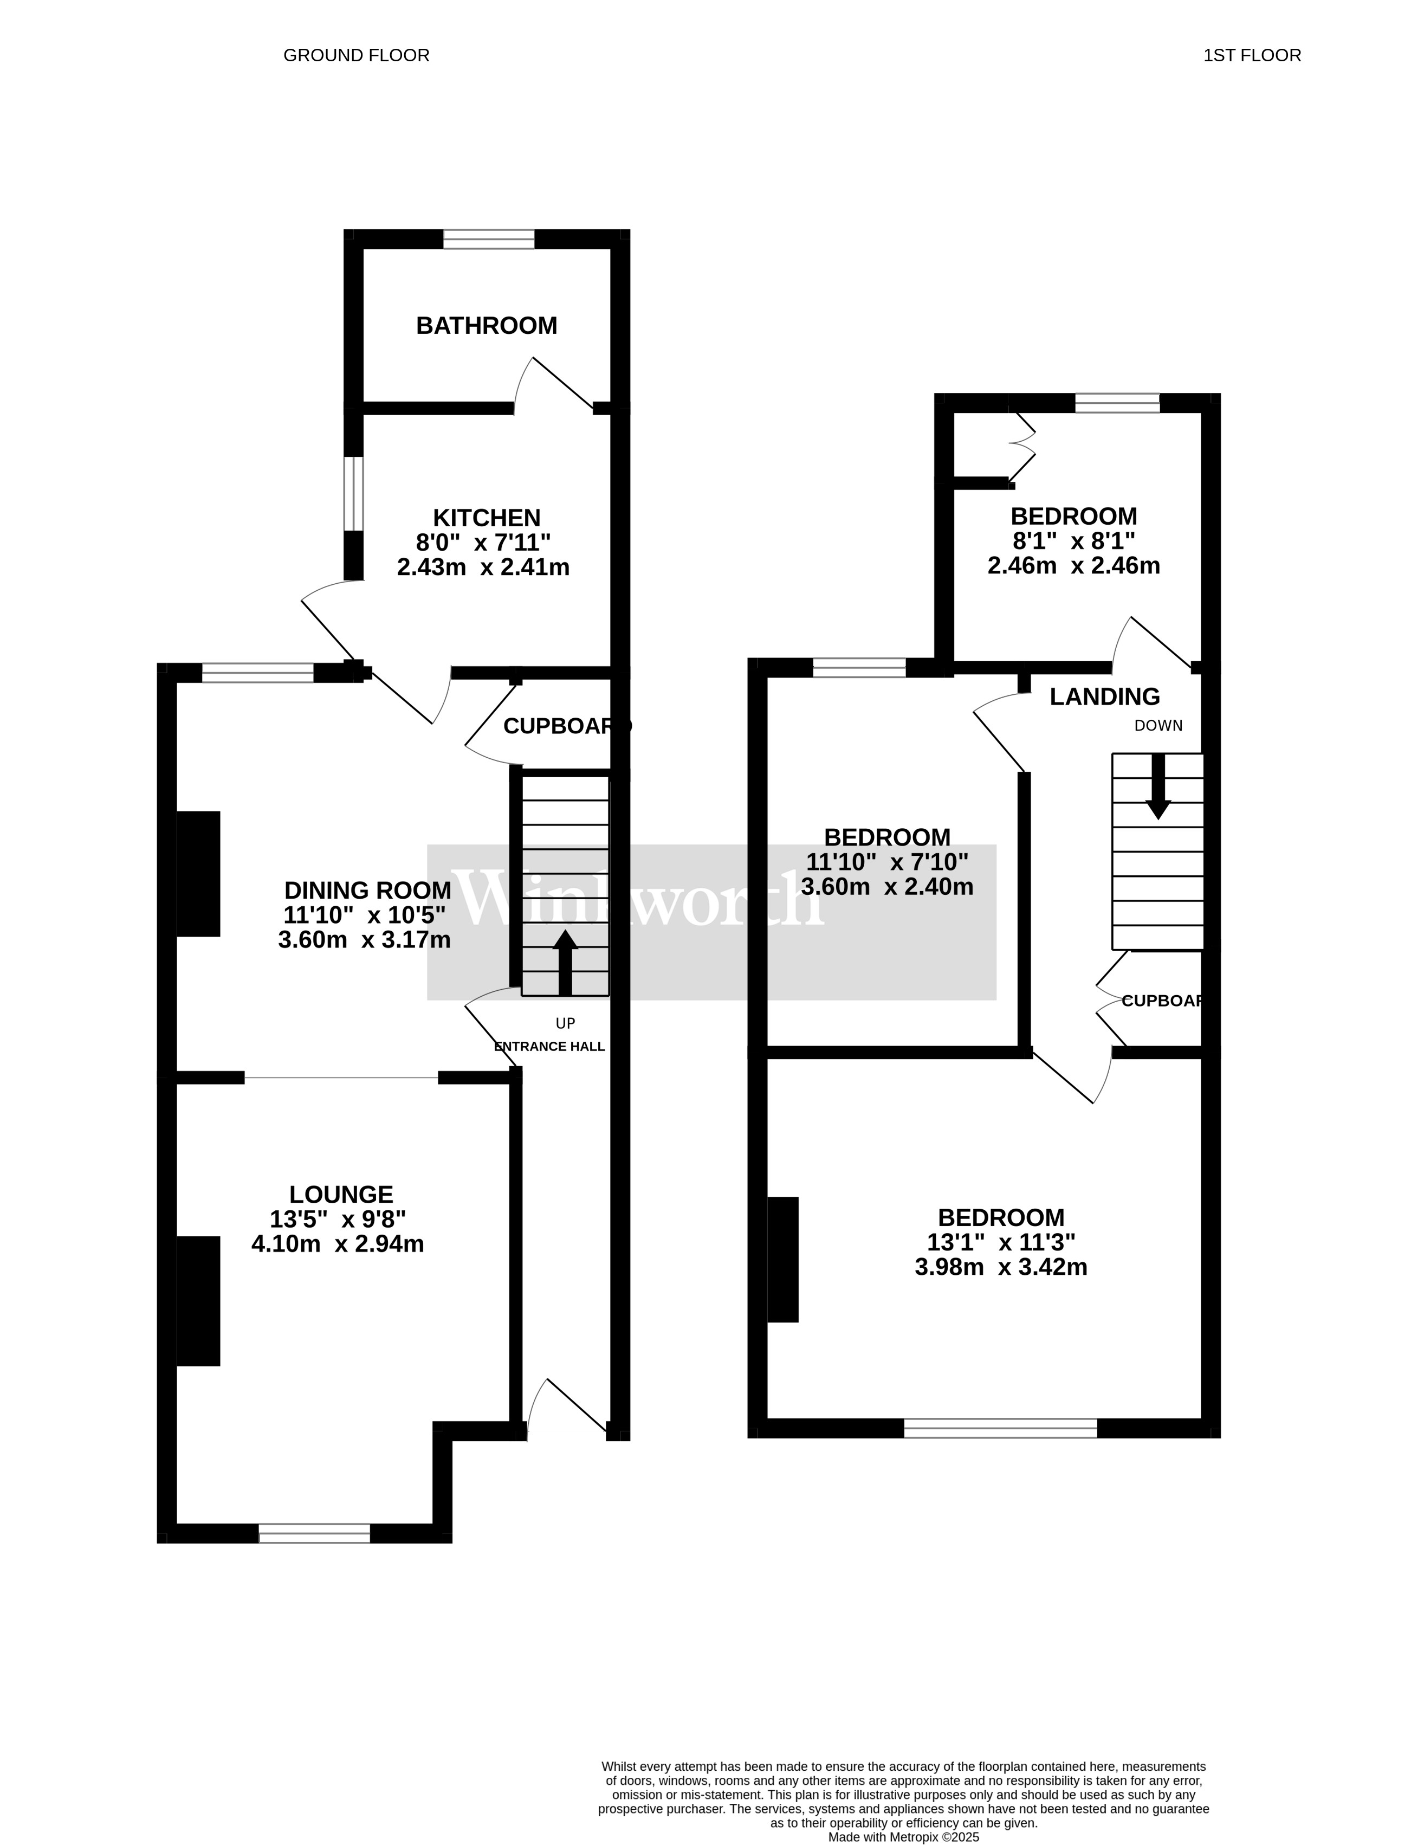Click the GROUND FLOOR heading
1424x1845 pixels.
[x=357, y=56]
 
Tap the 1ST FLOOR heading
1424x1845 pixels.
[x=1252, y=56]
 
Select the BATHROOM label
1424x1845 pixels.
[x=487, y=326]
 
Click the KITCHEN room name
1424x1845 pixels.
[x=487, y=517]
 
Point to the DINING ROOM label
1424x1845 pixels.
[x=367, y=891]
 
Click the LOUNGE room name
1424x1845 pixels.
[x=341, y=1195]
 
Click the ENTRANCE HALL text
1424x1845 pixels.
[x=549, y=1047]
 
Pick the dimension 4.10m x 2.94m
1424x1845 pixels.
[x=338, y=1243]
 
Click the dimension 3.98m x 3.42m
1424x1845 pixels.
[x=1001, y=1267]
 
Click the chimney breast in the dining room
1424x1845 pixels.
[x=198, y=874]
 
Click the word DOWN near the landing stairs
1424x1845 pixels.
[x=1158, y=726]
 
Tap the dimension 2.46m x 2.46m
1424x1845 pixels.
[x=1073, y=566]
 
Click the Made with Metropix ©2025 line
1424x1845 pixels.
[x=903, y=1837]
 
